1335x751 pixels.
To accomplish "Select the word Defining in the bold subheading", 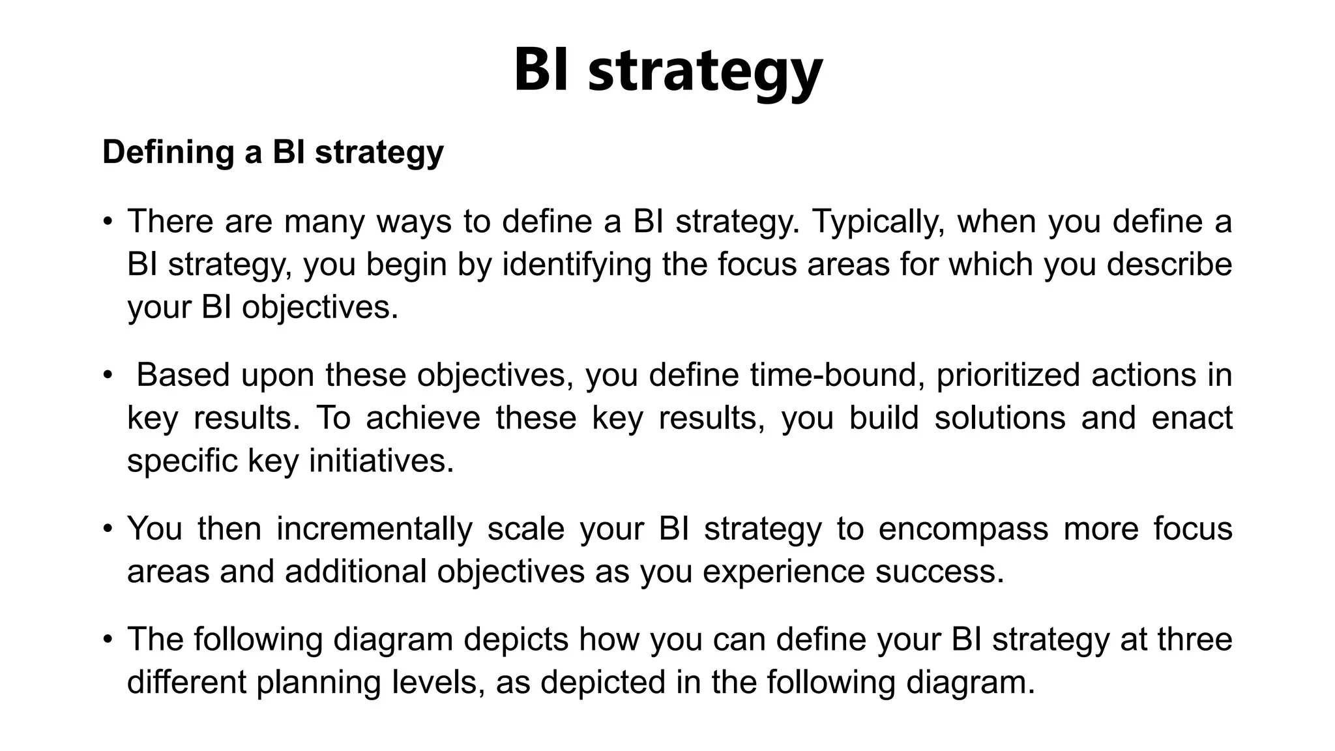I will click(167, 153).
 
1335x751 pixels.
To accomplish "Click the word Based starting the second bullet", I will click(183, 375).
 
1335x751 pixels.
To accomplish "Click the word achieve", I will click(423, 418).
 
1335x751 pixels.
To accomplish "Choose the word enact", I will click(1192, 418).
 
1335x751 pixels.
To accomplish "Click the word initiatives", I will click(381, 461).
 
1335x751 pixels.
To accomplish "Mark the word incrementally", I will click(374, 529).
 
